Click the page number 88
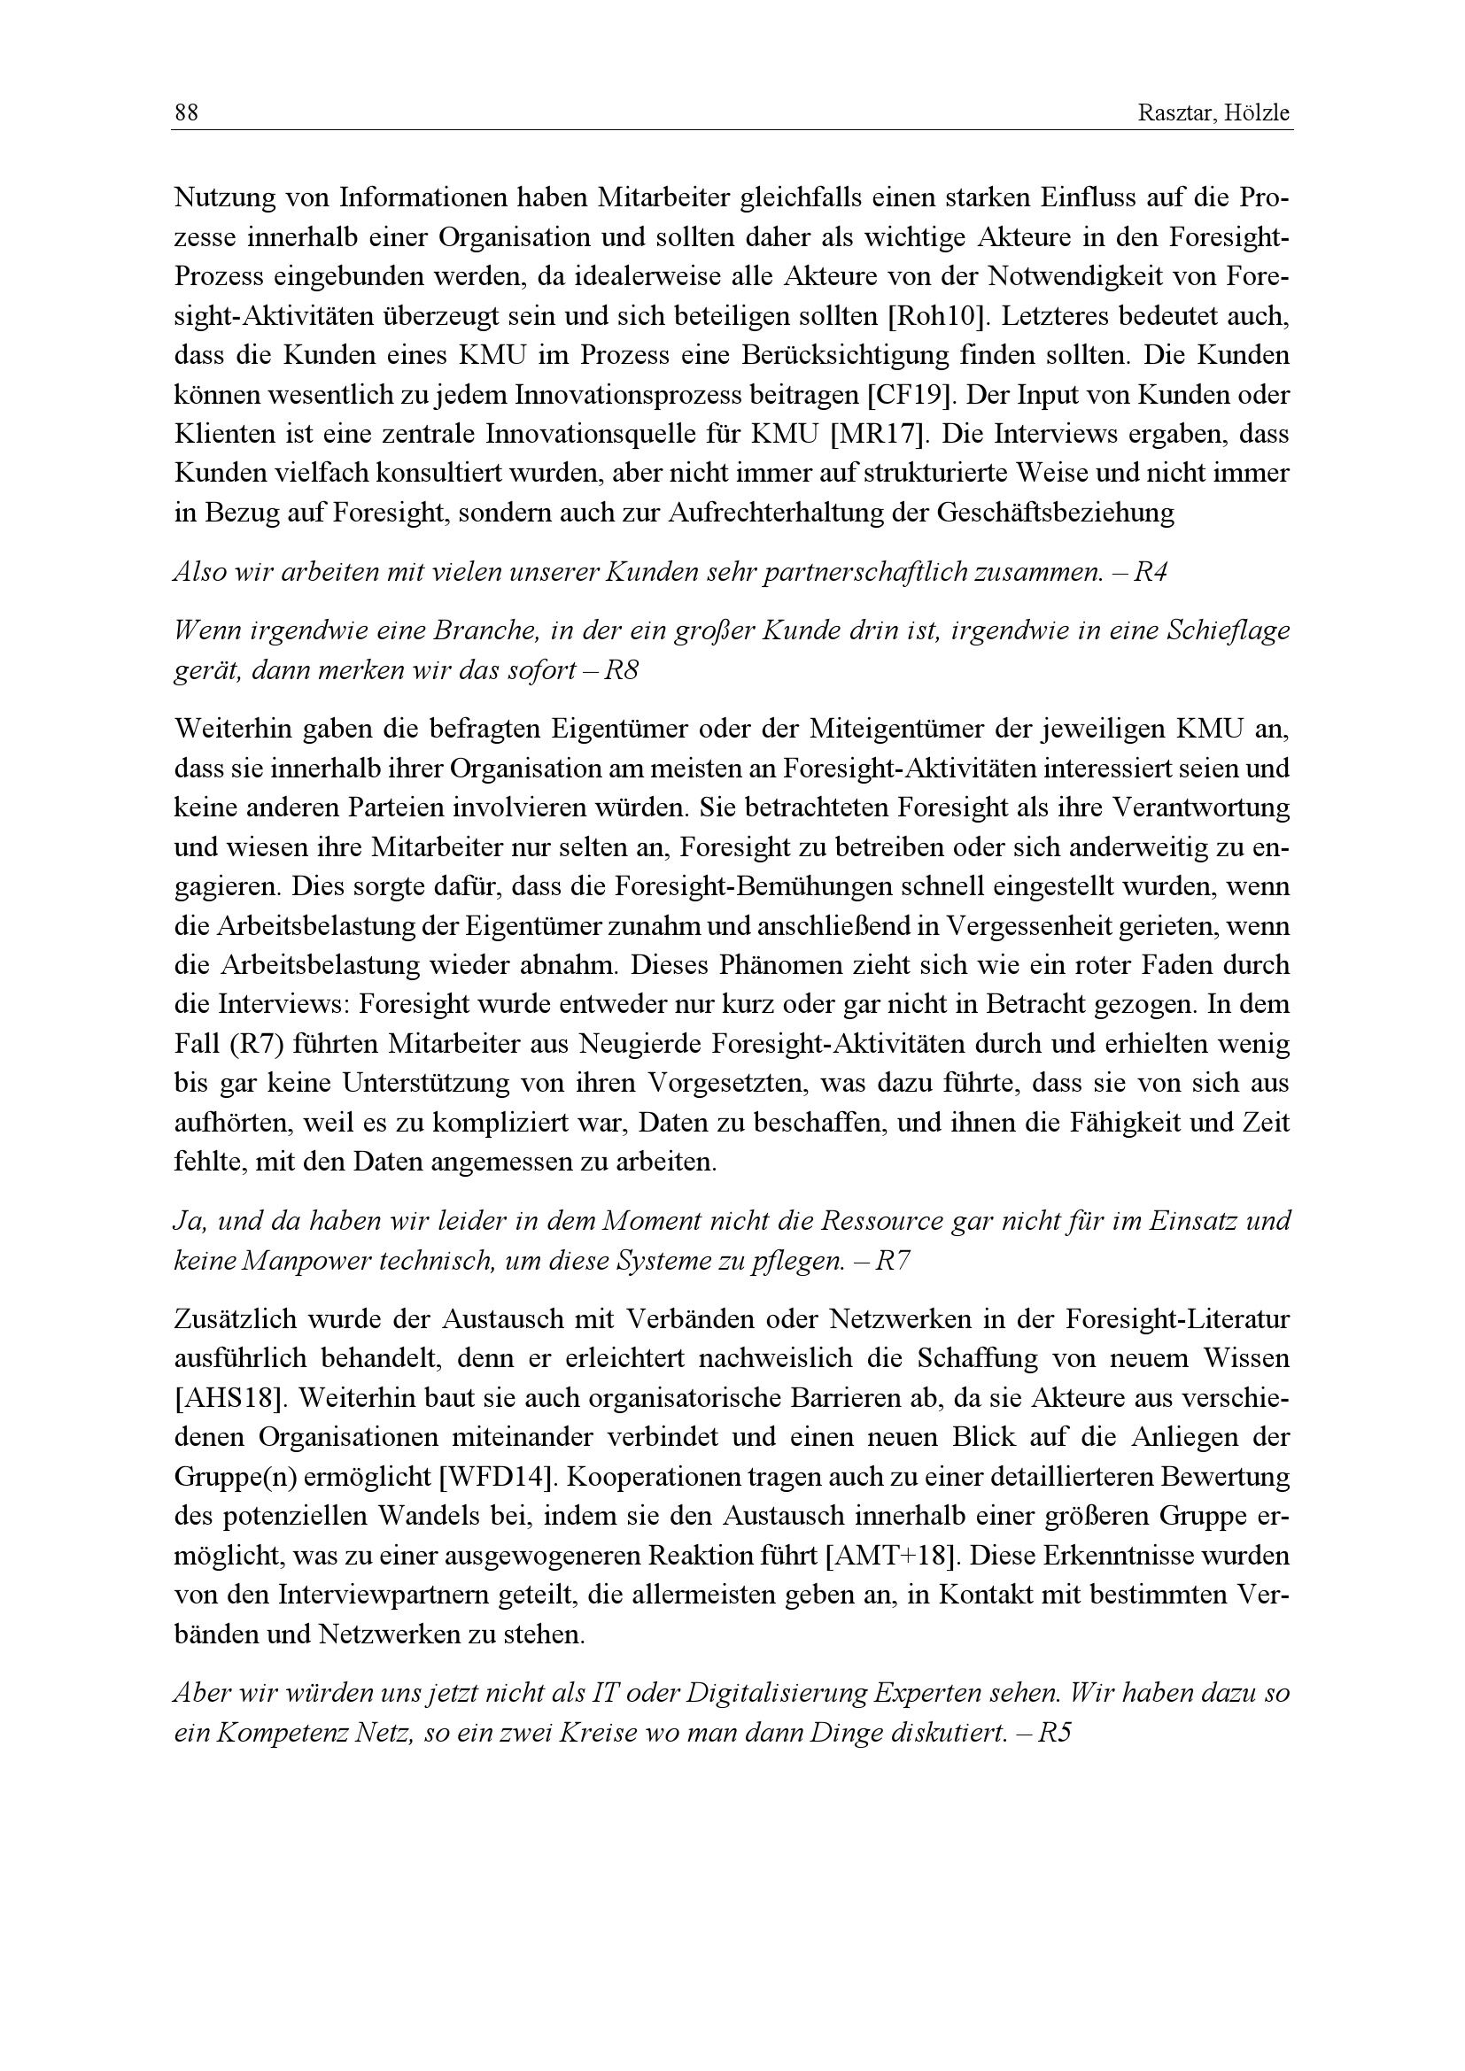(x=186, y=113)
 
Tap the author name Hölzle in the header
(x=1259, y=113)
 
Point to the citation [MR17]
(x=879, y=434)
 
